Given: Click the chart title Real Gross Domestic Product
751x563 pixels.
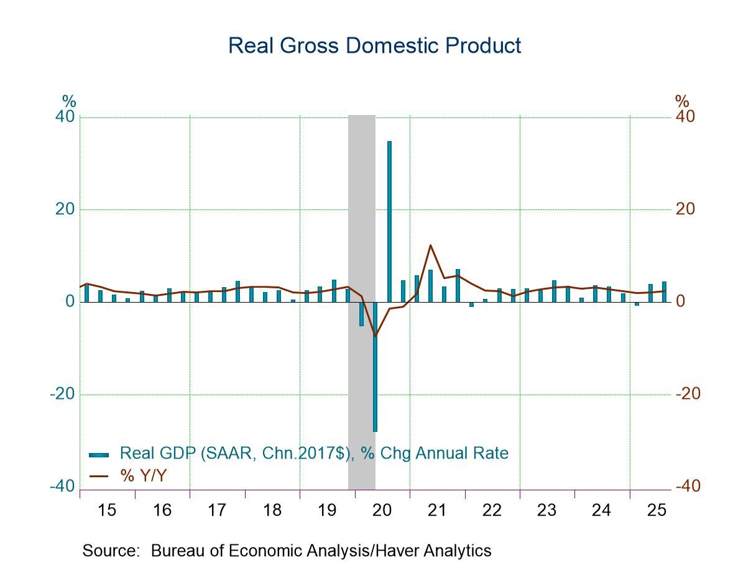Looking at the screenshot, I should pyautogui.click(x=374, y=45).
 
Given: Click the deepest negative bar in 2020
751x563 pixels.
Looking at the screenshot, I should pyautogui.click(x=375, y=367).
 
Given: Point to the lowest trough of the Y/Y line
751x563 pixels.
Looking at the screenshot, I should pyautogui.click(x=375, y=336).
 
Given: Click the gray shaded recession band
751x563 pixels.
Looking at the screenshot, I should pyautogui.click(x=361, y=186).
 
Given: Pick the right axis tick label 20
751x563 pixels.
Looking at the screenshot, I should pyautogui.click(x=685, y=209).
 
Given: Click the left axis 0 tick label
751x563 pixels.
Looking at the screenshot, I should pyautogui.click(x=70, y=302).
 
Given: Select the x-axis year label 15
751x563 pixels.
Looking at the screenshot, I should pyautogui.click(x=107, y=510).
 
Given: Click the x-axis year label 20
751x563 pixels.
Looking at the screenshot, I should pyautogui.click(x=382, y=510).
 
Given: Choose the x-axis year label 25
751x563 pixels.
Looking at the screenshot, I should pyautogui.click(x=657, y=510).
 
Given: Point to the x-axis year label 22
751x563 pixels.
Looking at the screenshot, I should pyautogui.click(x=492, y=510).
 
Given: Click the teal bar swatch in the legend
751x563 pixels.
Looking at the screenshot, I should pyautogui.click(x=99, y=454).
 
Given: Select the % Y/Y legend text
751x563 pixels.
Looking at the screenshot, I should pyautogui.click(x=144, y=476).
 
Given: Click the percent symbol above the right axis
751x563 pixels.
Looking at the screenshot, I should pyautogui.click(x=682, y=101).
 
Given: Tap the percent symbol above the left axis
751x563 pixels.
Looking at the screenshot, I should pyautogui.click(x=68, y=101).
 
